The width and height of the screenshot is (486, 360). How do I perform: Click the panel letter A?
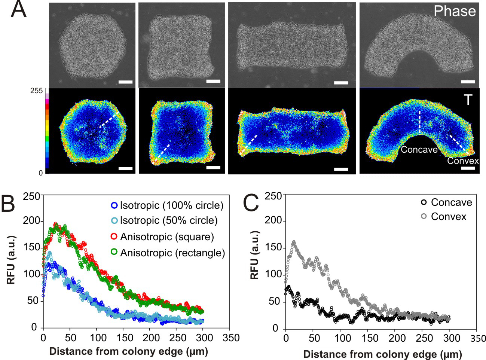coord(18,9)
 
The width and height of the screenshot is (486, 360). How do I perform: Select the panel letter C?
coord(250,203)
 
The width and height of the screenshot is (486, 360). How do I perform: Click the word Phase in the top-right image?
coord(455,11)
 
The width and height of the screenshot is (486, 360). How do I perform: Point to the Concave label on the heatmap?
coord(419,150)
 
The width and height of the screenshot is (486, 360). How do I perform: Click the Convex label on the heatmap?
coord(463,161)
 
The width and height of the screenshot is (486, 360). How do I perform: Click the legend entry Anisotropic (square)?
coord(167,237)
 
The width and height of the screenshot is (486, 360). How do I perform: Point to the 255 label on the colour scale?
coord(36,91)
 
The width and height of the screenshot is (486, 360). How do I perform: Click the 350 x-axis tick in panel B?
coord(231,338)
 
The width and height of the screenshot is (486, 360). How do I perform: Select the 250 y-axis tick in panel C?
coord(273,196)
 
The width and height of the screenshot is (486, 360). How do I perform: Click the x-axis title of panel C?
coord(382,354)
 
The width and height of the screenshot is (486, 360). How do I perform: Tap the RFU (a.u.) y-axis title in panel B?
coord(11,260)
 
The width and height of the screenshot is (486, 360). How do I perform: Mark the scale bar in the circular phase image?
coord(125,82)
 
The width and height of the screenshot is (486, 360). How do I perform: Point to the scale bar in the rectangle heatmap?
coord(341,169)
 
